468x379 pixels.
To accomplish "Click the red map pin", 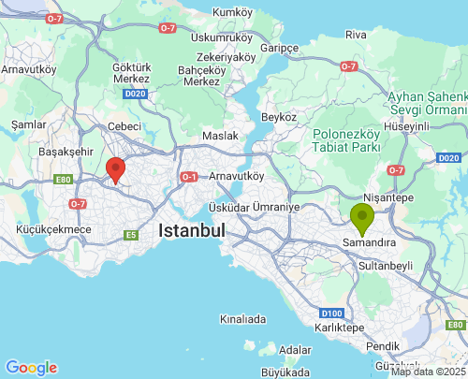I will click(116, 169).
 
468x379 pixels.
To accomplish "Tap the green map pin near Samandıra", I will click(361, 217).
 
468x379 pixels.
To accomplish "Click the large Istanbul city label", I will click(192, 230).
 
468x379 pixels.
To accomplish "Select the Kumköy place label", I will click(234, 11).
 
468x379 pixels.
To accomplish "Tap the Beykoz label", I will click(279, 117).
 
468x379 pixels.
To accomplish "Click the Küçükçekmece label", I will click(53, 229).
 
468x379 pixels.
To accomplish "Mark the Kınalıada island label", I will click(242, 319).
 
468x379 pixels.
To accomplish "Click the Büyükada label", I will click(284, 372).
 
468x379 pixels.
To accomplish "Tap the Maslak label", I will click(220, 136).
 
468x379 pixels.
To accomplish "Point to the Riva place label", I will click(356, 35).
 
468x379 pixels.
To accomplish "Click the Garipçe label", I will click(279, 48).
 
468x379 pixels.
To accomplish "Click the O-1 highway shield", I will click(189, 176).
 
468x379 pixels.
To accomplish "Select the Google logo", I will click(31, 368).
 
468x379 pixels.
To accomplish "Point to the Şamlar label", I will click(28, 124).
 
